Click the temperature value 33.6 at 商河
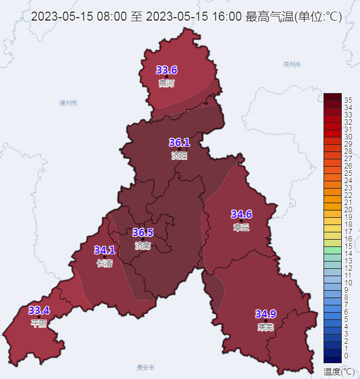pyautogui.click(x=167, y=69)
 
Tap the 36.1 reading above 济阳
pyautogui.click(x=179, y=142)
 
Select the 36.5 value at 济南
pyautogui.click(x=143, y=232)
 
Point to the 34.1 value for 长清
pyautogui.click(x=105, y=250)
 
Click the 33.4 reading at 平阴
pyautogui.click(x=39, y=310)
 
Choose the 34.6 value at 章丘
pyautogui.click(x=241, y=214)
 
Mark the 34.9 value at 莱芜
pyautogui.click(x=266, y=314)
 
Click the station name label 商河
pyautogui.click(x=166, y=83)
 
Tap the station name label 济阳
pyautogui.click(x=179, y=156)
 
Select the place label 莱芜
pyautogui.click(x=266, y=327)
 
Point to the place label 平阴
pyautogui.click(x=39, y=324)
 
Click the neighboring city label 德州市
pyautogui.click(x=68, y=103)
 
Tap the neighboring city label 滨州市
pyautogui.click(x=292, y=64)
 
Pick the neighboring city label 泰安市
pyautogui.click(x=146, y=367)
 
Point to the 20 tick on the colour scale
pyautogui.click(x=348, y=209)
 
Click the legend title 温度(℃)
pyautogui.click(x=339, y=370)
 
